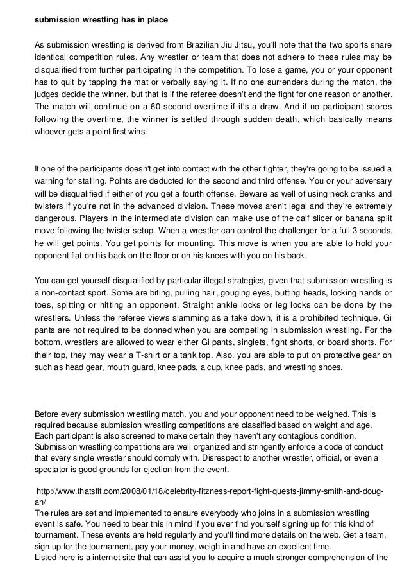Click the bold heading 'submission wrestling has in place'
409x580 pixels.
tap(101, 20)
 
